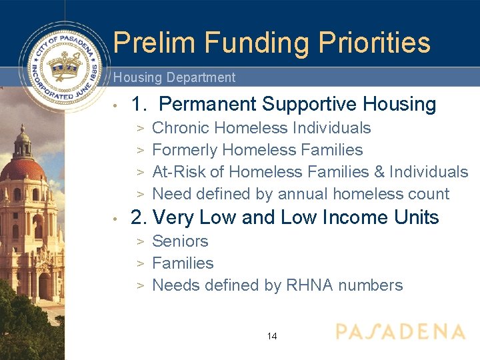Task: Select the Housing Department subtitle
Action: [174, 77]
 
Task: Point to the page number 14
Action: [272, 336]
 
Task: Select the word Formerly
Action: [185, 151]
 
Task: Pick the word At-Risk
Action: [179, 172]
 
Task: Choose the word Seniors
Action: [180, 241]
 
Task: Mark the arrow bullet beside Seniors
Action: [141, 241]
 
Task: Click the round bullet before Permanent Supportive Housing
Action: [116, 105]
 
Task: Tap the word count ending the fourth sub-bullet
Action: [427, 194]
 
